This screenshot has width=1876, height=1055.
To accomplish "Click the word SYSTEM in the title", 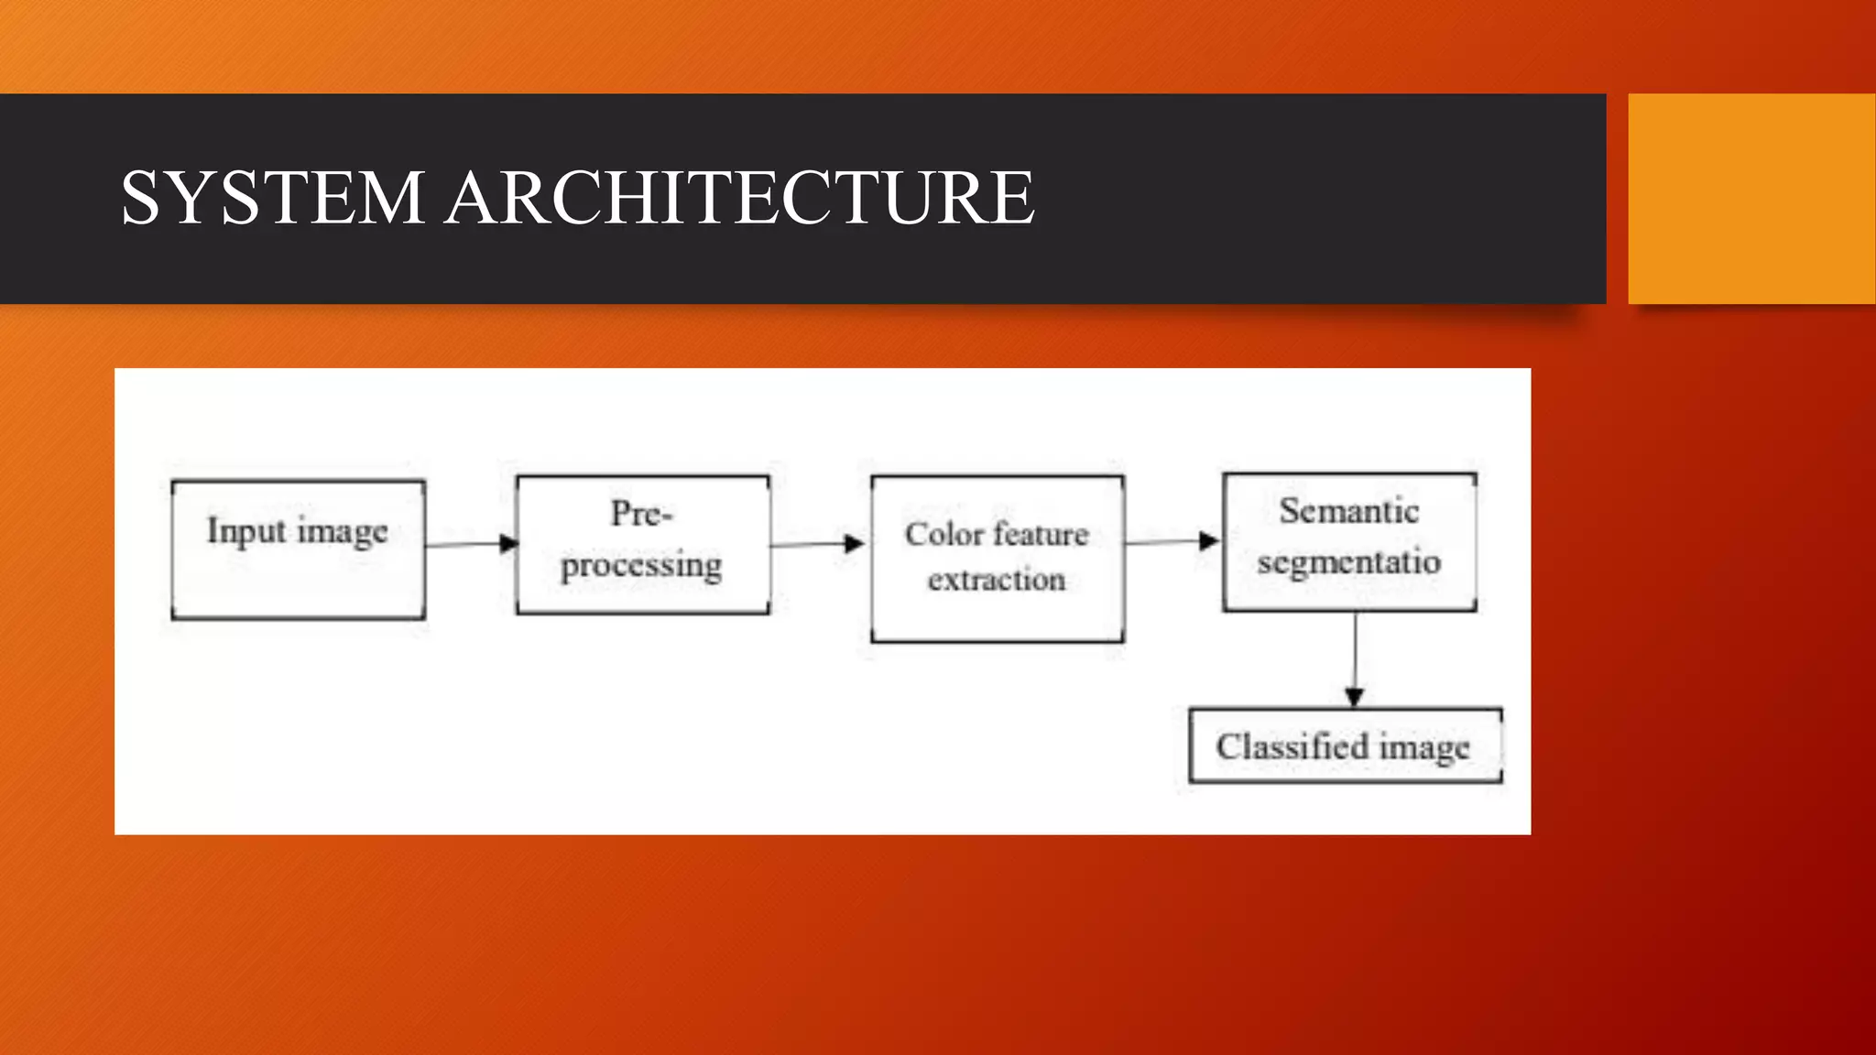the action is coord(272,198).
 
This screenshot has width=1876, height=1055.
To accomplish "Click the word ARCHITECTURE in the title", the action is coord(740,198).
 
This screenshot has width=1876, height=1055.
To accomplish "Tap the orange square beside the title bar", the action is coord(1751,198).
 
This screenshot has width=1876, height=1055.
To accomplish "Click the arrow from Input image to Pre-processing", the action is coord(471,544).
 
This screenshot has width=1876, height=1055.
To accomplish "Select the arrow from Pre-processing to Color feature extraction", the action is coord(817,544).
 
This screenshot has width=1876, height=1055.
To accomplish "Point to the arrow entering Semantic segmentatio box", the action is coord(1172,541).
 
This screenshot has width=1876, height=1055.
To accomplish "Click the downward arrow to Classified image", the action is coord(1355,659).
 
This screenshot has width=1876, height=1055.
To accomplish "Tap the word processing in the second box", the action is coord(641,566).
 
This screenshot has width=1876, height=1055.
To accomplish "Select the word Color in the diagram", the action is coord(943,534).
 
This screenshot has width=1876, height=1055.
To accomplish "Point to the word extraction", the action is coord(997,580).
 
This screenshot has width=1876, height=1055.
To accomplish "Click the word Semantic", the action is coord(1349,511).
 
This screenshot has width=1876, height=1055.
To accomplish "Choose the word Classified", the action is coord(1292,747).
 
